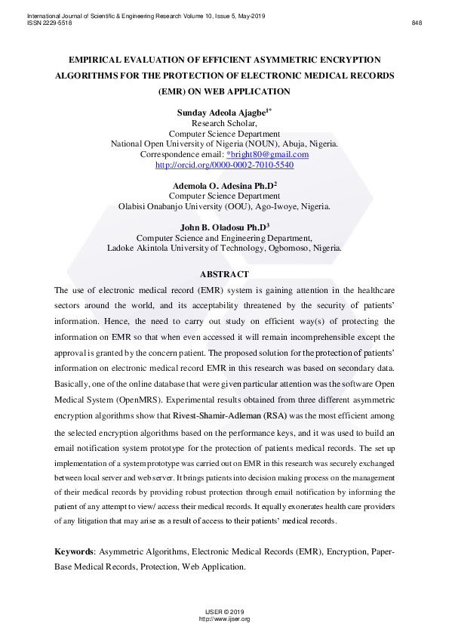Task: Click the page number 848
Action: pos(417,23)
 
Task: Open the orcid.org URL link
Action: pos(224,164)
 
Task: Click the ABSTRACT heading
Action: pos(224,273)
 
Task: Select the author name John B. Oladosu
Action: pos(221,227)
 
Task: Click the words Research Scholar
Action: pos(224,123)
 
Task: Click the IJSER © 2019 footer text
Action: pos(224,611)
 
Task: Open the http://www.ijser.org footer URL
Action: pos(224,619)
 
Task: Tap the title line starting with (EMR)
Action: pos(224,91)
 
